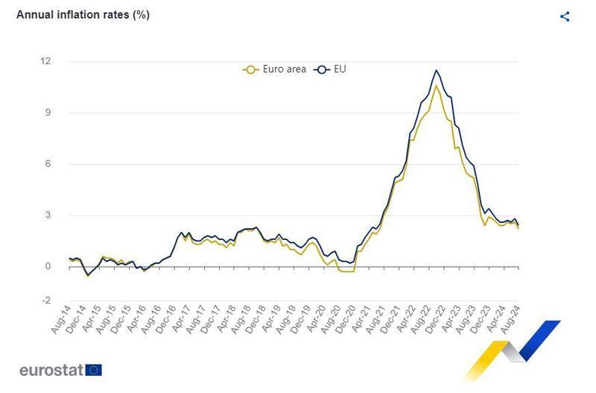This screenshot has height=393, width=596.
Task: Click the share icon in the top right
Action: (565, 16)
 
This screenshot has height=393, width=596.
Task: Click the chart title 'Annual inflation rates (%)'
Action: (83, 15)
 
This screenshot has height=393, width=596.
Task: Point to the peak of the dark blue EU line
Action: (436, 71)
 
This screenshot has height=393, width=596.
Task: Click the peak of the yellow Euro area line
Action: (436, 85)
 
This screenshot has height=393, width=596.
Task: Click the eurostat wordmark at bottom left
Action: (51, 370)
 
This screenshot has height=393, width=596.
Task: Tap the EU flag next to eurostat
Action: (94, 370)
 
